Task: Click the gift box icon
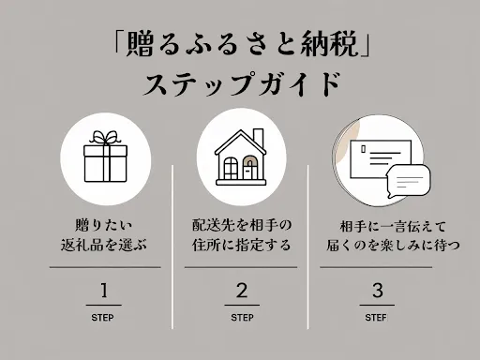click(x=104, y=159)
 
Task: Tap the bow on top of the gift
click(x=104, y=138)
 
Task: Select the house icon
click(x=240, y=157)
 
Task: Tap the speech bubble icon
click(x=408, y=179)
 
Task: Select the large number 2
click(x=241, y=288)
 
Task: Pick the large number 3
click(x=377, y=288)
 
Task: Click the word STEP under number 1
click(x=104, y=317)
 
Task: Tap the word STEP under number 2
click(x=241, y=317)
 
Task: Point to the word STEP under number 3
click(x=377, y=317)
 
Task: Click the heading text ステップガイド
click(x=240, y=84)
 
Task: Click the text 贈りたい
click(x=104, y=226)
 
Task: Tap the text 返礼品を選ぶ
click(x=104, y=247)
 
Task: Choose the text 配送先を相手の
click(x=241, y=226)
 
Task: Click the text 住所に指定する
click(x=241, y=247)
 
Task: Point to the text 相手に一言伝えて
click(x=377, y=226)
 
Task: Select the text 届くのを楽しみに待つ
click(x=377, y=247)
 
